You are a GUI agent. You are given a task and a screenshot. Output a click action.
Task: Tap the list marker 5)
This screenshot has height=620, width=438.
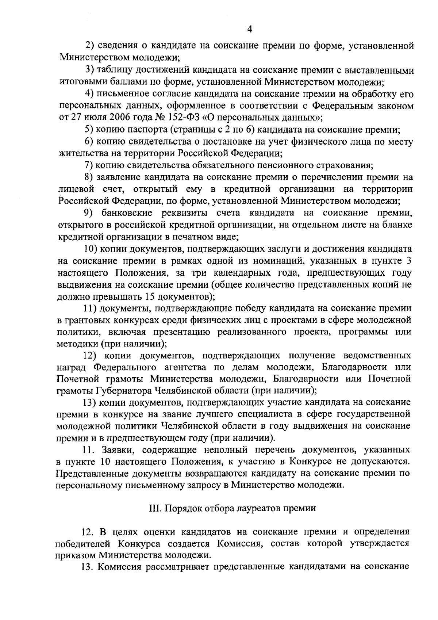point(89,130)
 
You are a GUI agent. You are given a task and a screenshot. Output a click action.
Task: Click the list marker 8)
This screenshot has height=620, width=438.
point(89,177)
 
